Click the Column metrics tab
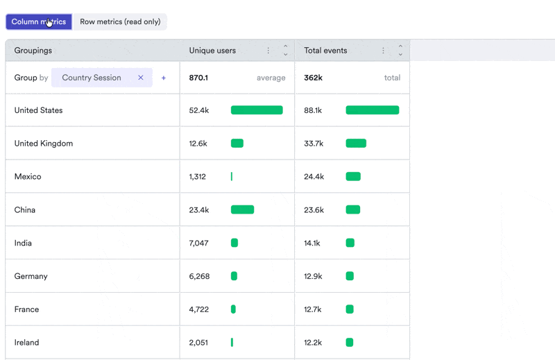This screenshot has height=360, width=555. (39, 22)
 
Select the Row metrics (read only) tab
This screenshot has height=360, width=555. (120, 22)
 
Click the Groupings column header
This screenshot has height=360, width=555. (33, 50)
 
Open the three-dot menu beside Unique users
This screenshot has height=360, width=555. (268, 51)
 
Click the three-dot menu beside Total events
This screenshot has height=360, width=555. (383, 51)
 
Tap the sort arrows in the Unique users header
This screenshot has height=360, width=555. (286, 50)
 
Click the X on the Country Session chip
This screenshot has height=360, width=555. (141, 78)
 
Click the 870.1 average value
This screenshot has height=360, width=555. (198, 78)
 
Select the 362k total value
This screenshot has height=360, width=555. (314, 78)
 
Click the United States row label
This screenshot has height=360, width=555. (39, 110)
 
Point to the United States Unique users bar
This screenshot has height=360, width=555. (257, 110)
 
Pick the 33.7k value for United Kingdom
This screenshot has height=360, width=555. (314, 144)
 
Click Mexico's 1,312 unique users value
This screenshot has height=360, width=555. (198, 177)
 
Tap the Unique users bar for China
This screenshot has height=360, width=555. (242, 209)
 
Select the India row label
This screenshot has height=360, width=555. (23, 243)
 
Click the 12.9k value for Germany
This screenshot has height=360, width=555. (314, 276)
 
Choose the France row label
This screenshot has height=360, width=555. (26, 309)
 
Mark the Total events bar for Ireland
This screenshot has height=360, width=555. (350, 342)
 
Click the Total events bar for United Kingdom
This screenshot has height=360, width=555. (356, 144)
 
